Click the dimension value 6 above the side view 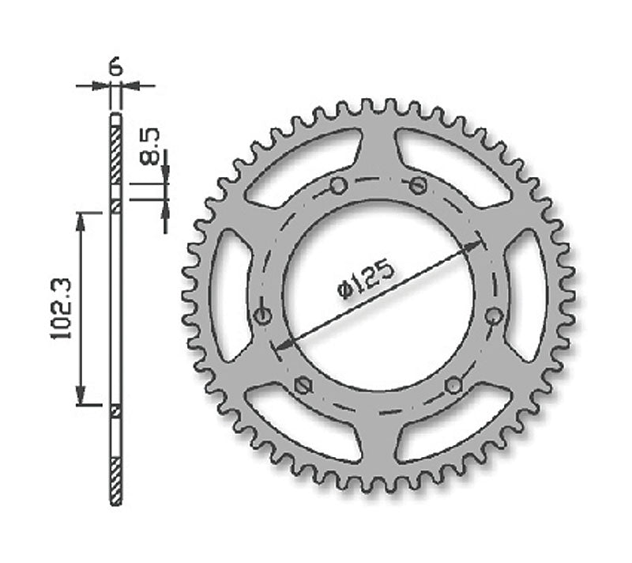[x=115, y=66]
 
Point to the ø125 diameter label [x=365, y=280]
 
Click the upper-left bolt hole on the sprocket [x=337, y=187]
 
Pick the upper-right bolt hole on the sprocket [x=418, y=186]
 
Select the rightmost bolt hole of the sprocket [x=494, y=316]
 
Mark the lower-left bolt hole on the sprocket [x=300, y=384]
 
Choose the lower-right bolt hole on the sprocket [x=453, y=384]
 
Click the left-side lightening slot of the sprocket [x=230, y=293]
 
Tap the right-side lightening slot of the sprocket [x=525, y=293]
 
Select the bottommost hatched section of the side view [x=116, y=480]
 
